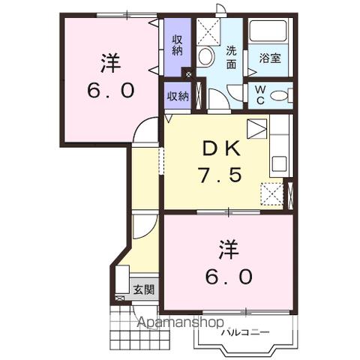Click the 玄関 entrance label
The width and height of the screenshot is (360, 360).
coord(144,289)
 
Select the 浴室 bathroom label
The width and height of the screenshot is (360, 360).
coord(269,57)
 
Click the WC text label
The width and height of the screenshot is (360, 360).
coord(259,94)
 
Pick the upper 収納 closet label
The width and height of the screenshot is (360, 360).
coord(177,45)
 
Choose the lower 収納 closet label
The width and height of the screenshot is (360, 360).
coord(177,96)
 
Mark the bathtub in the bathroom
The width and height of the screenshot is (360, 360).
coord(269,33)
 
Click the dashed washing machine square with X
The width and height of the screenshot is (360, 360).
coord(209,31)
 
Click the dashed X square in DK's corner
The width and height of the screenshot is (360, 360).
coord(271,194)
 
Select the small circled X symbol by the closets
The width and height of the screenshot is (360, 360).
coord(187,75)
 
